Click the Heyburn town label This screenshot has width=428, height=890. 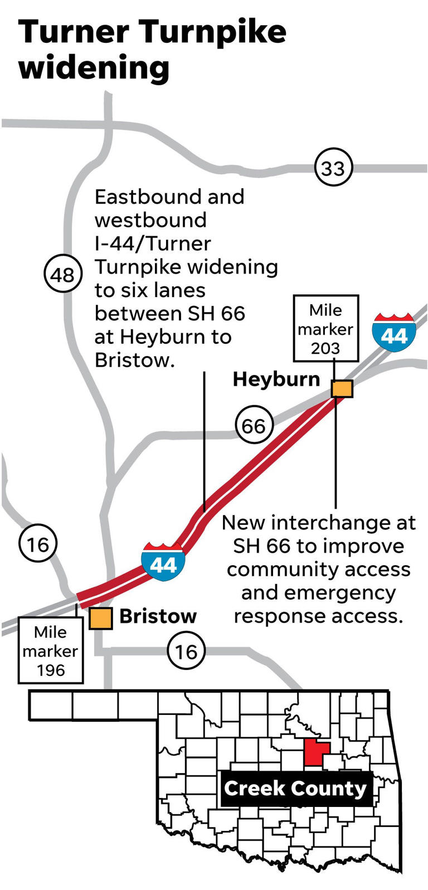tap(276, 380)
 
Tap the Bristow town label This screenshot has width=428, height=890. tap(158, 616)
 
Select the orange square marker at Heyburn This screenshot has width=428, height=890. tap(342, 388)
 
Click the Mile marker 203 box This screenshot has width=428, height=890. tap(325, 329)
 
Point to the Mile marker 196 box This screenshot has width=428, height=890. tap(51, 650)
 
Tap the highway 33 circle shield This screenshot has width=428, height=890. tap(333, 168)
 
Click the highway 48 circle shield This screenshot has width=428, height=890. tap(62, 274)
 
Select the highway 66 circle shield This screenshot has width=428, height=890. tap(254, 426)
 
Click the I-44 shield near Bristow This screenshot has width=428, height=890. tap(163, 562)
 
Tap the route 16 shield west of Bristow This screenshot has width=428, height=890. tap(38, 543)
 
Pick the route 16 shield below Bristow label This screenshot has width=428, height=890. tap(186, 650)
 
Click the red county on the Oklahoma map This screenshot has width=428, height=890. tap(315, 753)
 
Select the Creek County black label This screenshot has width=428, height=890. tap(295, 789)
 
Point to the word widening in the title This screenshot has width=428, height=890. tap(94, 69)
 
